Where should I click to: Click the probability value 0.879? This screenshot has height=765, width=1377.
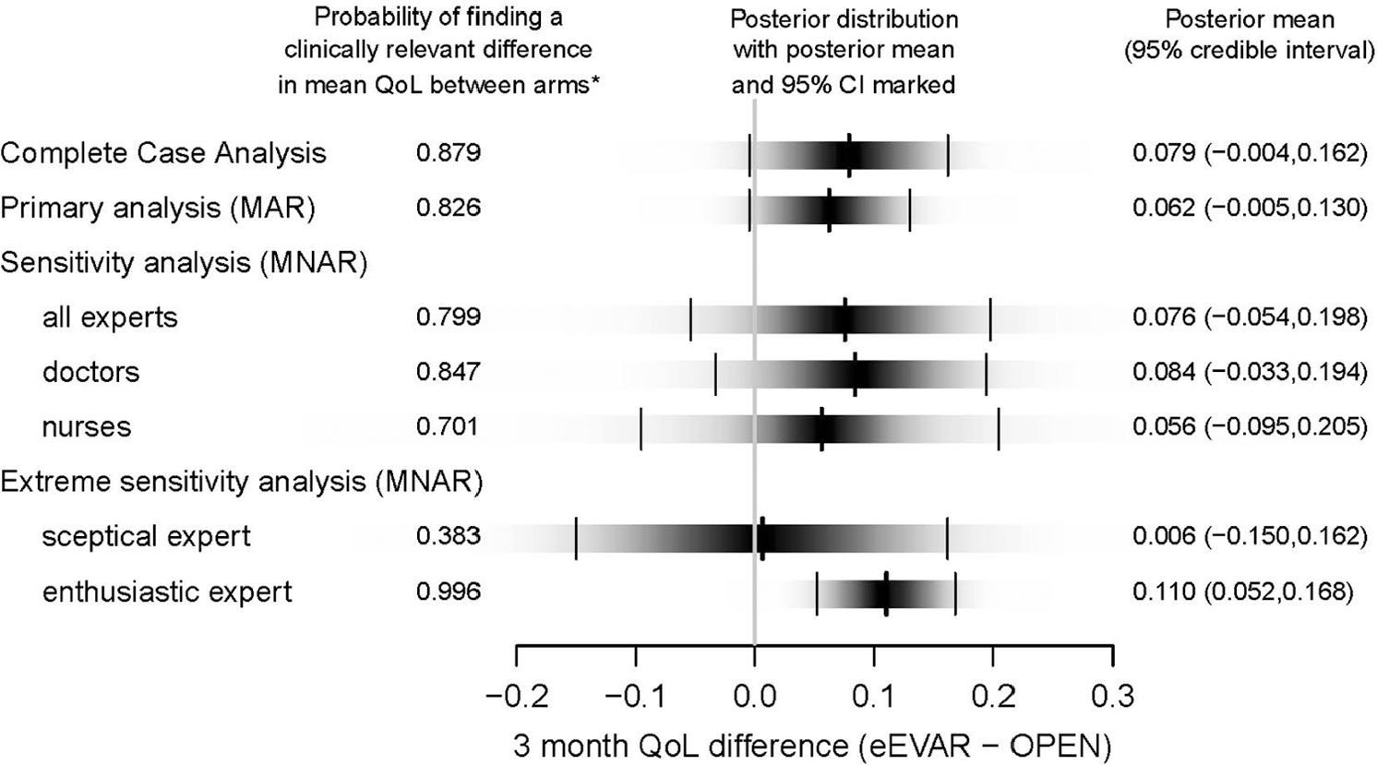(449, 153)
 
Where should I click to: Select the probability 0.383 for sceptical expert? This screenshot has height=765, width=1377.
(449, 536)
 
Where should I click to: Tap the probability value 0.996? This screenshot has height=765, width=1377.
(449, 592)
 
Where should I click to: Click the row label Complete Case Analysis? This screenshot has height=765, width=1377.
(163, 153)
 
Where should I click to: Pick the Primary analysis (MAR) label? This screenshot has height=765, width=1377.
(158, 209)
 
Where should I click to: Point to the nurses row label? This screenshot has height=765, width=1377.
(87, 426)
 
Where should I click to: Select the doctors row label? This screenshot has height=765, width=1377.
(91, 372)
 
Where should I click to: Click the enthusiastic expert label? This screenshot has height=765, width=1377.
(167, 592)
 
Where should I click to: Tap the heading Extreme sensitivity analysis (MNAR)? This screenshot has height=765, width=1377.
(241, 483)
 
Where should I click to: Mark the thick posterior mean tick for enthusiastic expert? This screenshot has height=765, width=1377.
(886, 593)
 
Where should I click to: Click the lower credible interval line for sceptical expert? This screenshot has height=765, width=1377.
(576, 539)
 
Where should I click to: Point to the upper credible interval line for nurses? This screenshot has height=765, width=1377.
(999, 429)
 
